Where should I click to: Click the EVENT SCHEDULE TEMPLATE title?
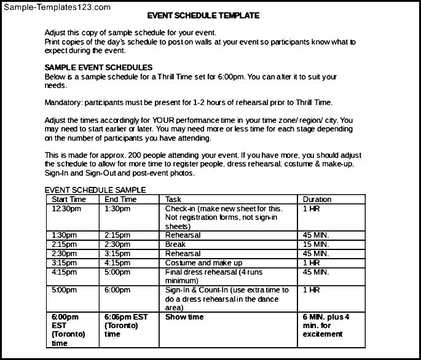pyautogui.click(x=203, y=15)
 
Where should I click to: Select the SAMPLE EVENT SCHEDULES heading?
pyautogui.click(x=98, y=68)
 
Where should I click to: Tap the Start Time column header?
pyautogui.click(x=69, y=199)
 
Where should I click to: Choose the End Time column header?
pyautogui.click(x=120, y=199)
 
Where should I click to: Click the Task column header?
pyautogui.click(x=173, y=199)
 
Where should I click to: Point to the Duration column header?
pyautogui.click(x=317, y=199)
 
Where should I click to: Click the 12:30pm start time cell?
pyautogui.click(x=66, y=209)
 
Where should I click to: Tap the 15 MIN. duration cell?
pyautogui.click(x=316, y=245)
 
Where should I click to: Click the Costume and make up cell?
pyautogui.click(x=203, y=263)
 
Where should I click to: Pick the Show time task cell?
pyautogui.click(x=184, y=317)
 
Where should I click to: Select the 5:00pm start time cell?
pyautogui.click(x=64, y=290)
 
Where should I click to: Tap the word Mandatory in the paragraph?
pyautogui.click(x=63, y=102)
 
